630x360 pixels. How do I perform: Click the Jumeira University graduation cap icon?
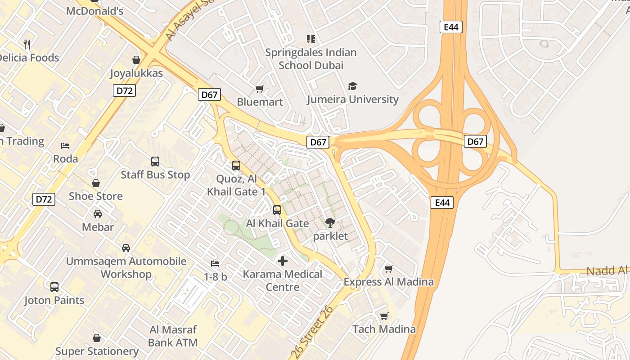coord(352,86)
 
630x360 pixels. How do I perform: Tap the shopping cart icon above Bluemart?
coord(259,89)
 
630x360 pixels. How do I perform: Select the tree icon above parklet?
coord(330,222)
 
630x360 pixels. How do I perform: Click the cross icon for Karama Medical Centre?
coord(283,261)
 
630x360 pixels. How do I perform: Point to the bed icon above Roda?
coord(65,146)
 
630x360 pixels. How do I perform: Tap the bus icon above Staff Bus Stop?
coord(155,161)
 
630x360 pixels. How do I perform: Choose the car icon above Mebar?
coord(98,214)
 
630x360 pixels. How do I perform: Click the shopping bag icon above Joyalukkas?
coord(136,59)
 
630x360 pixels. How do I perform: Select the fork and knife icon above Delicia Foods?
coord(27,44)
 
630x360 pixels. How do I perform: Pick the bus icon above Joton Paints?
coord(54,287)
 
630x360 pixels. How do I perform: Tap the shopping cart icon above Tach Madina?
coord(384,316)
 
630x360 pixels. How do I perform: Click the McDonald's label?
coord(94,11)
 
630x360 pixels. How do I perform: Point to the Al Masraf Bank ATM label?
coord(173,336)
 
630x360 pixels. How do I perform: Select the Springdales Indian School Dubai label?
coord(310,59)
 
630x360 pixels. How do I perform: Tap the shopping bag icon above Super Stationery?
coord(96,337)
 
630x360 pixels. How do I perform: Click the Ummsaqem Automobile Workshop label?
coord(126,267)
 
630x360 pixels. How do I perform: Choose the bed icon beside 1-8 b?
coord(215,263)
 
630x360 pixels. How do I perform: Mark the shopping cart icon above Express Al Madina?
coord(389,269)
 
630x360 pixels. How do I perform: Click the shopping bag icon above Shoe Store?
coord(96,183)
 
